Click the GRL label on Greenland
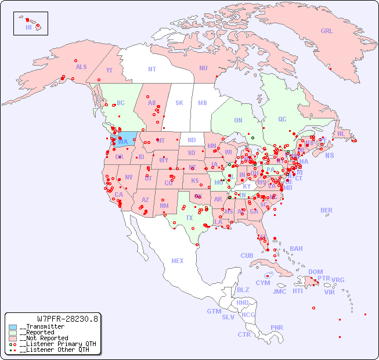coord(327,31)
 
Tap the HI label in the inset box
coord(28,27)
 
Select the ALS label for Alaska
coord(81,67)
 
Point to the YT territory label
coord(109,70)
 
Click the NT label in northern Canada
coord(151,69)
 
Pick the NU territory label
coord(203,68)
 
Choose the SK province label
coord(179,103)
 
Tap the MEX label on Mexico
coord(177,261)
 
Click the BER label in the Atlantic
coord(326,210)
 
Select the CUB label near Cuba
coord(247,255)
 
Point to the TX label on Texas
coord(189,218)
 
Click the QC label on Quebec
coord(282,119)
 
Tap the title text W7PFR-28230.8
coord(67,319)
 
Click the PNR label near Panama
coord(277,327)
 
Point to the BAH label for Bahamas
coord(296,249)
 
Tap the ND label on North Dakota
coord(192,140)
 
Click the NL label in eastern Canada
coord(341,133)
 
